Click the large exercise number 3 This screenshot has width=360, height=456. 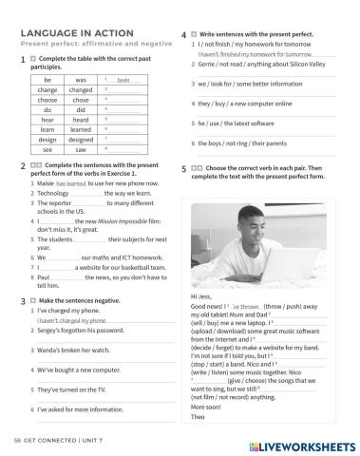(x=20, y=299)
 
